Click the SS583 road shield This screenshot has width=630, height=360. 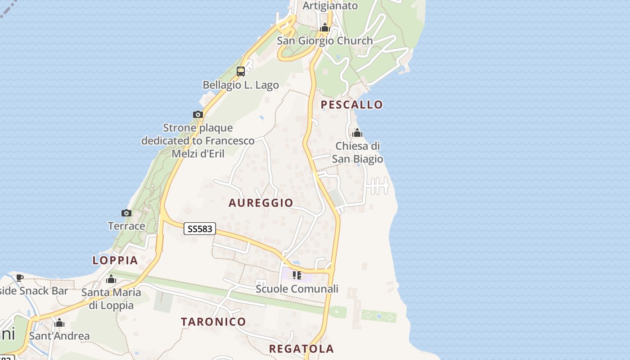click(x=200, y=229)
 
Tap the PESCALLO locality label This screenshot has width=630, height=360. click(x=351, y=105)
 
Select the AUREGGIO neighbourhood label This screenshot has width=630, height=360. click(x=261, y=203)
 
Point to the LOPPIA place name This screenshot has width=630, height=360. click(x=115, y=260)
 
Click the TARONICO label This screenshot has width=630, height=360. click(x=213, y=322)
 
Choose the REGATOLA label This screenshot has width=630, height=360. click(x=301, y=349)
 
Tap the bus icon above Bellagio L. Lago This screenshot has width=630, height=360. click(x=241, y=71)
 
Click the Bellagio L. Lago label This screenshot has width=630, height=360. click(x=241, y=85)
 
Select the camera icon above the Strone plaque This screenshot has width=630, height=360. click(x=198, y=114)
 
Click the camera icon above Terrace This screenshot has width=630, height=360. click(x=126, y=213)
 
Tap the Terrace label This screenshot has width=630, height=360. click(x=126, y=226)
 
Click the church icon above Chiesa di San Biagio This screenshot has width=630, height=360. click(x=357, y=133)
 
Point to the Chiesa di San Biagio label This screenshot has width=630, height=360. click(x=358, y=153)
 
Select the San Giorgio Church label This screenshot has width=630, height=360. click(x=325, y=41)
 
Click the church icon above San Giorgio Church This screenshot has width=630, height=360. click(x=325, y=28)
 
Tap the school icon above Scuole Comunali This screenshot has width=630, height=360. click(x=297, y=275)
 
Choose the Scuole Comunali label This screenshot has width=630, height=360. click(x=297, y=289)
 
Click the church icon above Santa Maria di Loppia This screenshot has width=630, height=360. click(x=111, y=279)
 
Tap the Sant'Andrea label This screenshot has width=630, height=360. click(x=59, y=336)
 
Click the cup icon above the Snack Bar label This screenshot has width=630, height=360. click(x=20, y=278)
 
